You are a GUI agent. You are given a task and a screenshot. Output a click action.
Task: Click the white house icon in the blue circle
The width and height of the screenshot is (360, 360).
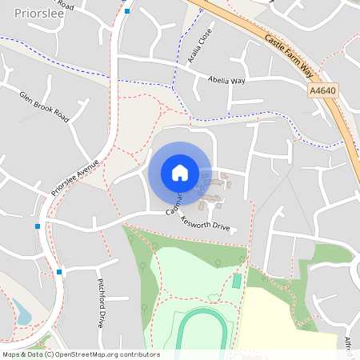pos(179,173)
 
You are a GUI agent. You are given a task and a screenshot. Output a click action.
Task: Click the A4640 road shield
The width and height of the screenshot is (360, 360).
pos(322,91)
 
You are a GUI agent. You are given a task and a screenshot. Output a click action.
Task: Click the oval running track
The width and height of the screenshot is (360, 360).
pos(205,331)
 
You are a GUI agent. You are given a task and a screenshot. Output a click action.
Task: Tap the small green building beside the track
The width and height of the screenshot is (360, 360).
pos(236,282)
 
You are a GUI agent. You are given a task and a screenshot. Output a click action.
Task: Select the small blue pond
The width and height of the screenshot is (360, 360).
pos(23,317)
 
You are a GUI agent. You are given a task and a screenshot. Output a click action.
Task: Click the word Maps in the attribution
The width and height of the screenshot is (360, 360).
pos(11,354)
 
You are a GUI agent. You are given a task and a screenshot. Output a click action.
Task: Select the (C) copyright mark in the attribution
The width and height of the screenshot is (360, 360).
pos(49,354)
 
